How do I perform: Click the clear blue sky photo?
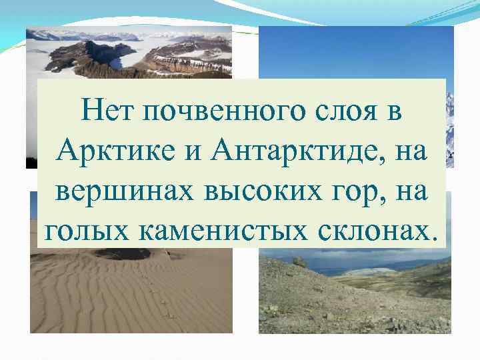pyautogui.click(x=353, y=53)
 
